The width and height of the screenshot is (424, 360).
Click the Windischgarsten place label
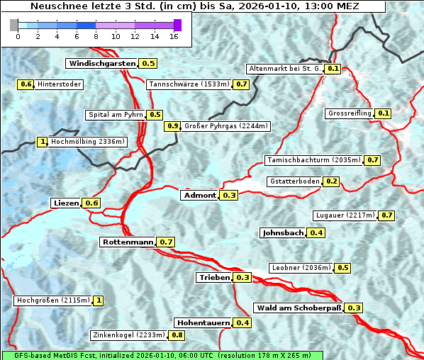pyautogui.click(x=101, y=64)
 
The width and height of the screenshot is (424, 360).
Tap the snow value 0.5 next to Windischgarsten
pyautogui.click(x=148, y=64)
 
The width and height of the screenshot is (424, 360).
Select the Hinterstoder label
pyautogui.click(x=60, y=84)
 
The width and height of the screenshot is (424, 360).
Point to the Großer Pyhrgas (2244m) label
pyautogui.click(x=225, y=126)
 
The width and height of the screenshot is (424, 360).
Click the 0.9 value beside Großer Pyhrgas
pyautogui.click(x=172, y=126)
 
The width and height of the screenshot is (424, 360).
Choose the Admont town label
pyautogui.click(x=200, y=195)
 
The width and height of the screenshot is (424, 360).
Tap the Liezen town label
pyautogui.click(x=66, y=203)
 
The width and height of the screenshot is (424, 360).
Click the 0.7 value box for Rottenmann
pyautogui.click(x=166, y=242)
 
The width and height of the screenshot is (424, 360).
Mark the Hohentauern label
pyautogui.click(x=203, y=323)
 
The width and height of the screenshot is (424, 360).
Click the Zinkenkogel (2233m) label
pyautogui.click(x=128, y=334)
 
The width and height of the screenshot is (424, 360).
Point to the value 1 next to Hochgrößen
pyautogui.click(x=98, y=300)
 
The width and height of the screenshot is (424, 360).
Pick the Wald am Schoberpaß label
pyautogui.click(x=298, y=308)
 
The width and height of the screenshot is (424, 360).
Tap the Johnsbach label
pyautogui.click(x=283, y=232)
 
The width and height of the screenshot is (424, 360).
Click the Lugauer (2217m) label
pyautogui.click(x=344, y=215)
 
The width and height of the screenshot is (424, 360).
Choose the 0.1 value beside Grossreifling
pyautogui.click(x=384, y=113)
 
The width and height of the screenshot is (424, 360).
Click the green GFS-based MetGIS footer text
pyautogui.click(x=162, y=355)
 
